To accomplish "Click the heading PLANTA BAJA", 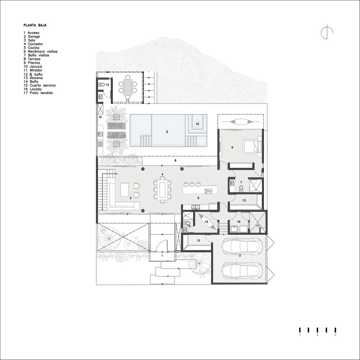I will pyautogui.click(x=35, y=25).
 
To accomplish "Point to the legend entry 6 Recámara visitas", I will pyautogui.click(x=41, y=51).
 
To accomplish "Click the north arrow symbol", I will pyautogui.click(x=327, y=32).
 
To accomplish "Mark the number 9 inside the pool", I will pyautogui.click(x=167, y=132).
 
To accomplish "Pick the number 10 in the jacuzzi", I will pyautogui.click(x=197, y=124).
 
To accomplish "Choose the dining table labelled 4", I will pyautogui.click(x=162, y=189).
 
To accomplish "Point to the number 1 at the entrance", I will pyautogui.click(x=162, y=255).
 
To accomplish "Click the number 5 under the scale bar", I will pyautogui.click(x=335, y=335).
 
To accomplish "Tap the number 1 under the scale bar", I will pyautogui.click(x=300, y=335).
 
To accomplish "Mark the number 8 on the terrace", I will pyautogui.click(x=175, y=160).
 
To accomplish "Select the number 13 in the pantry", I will pyautogui.click(x=244, y=200).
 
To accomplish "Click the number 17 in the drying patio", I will pyautogui.click(x=257, y=226).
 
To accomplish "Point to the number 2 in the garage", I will pyautogui.click(x=240, y=255).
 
